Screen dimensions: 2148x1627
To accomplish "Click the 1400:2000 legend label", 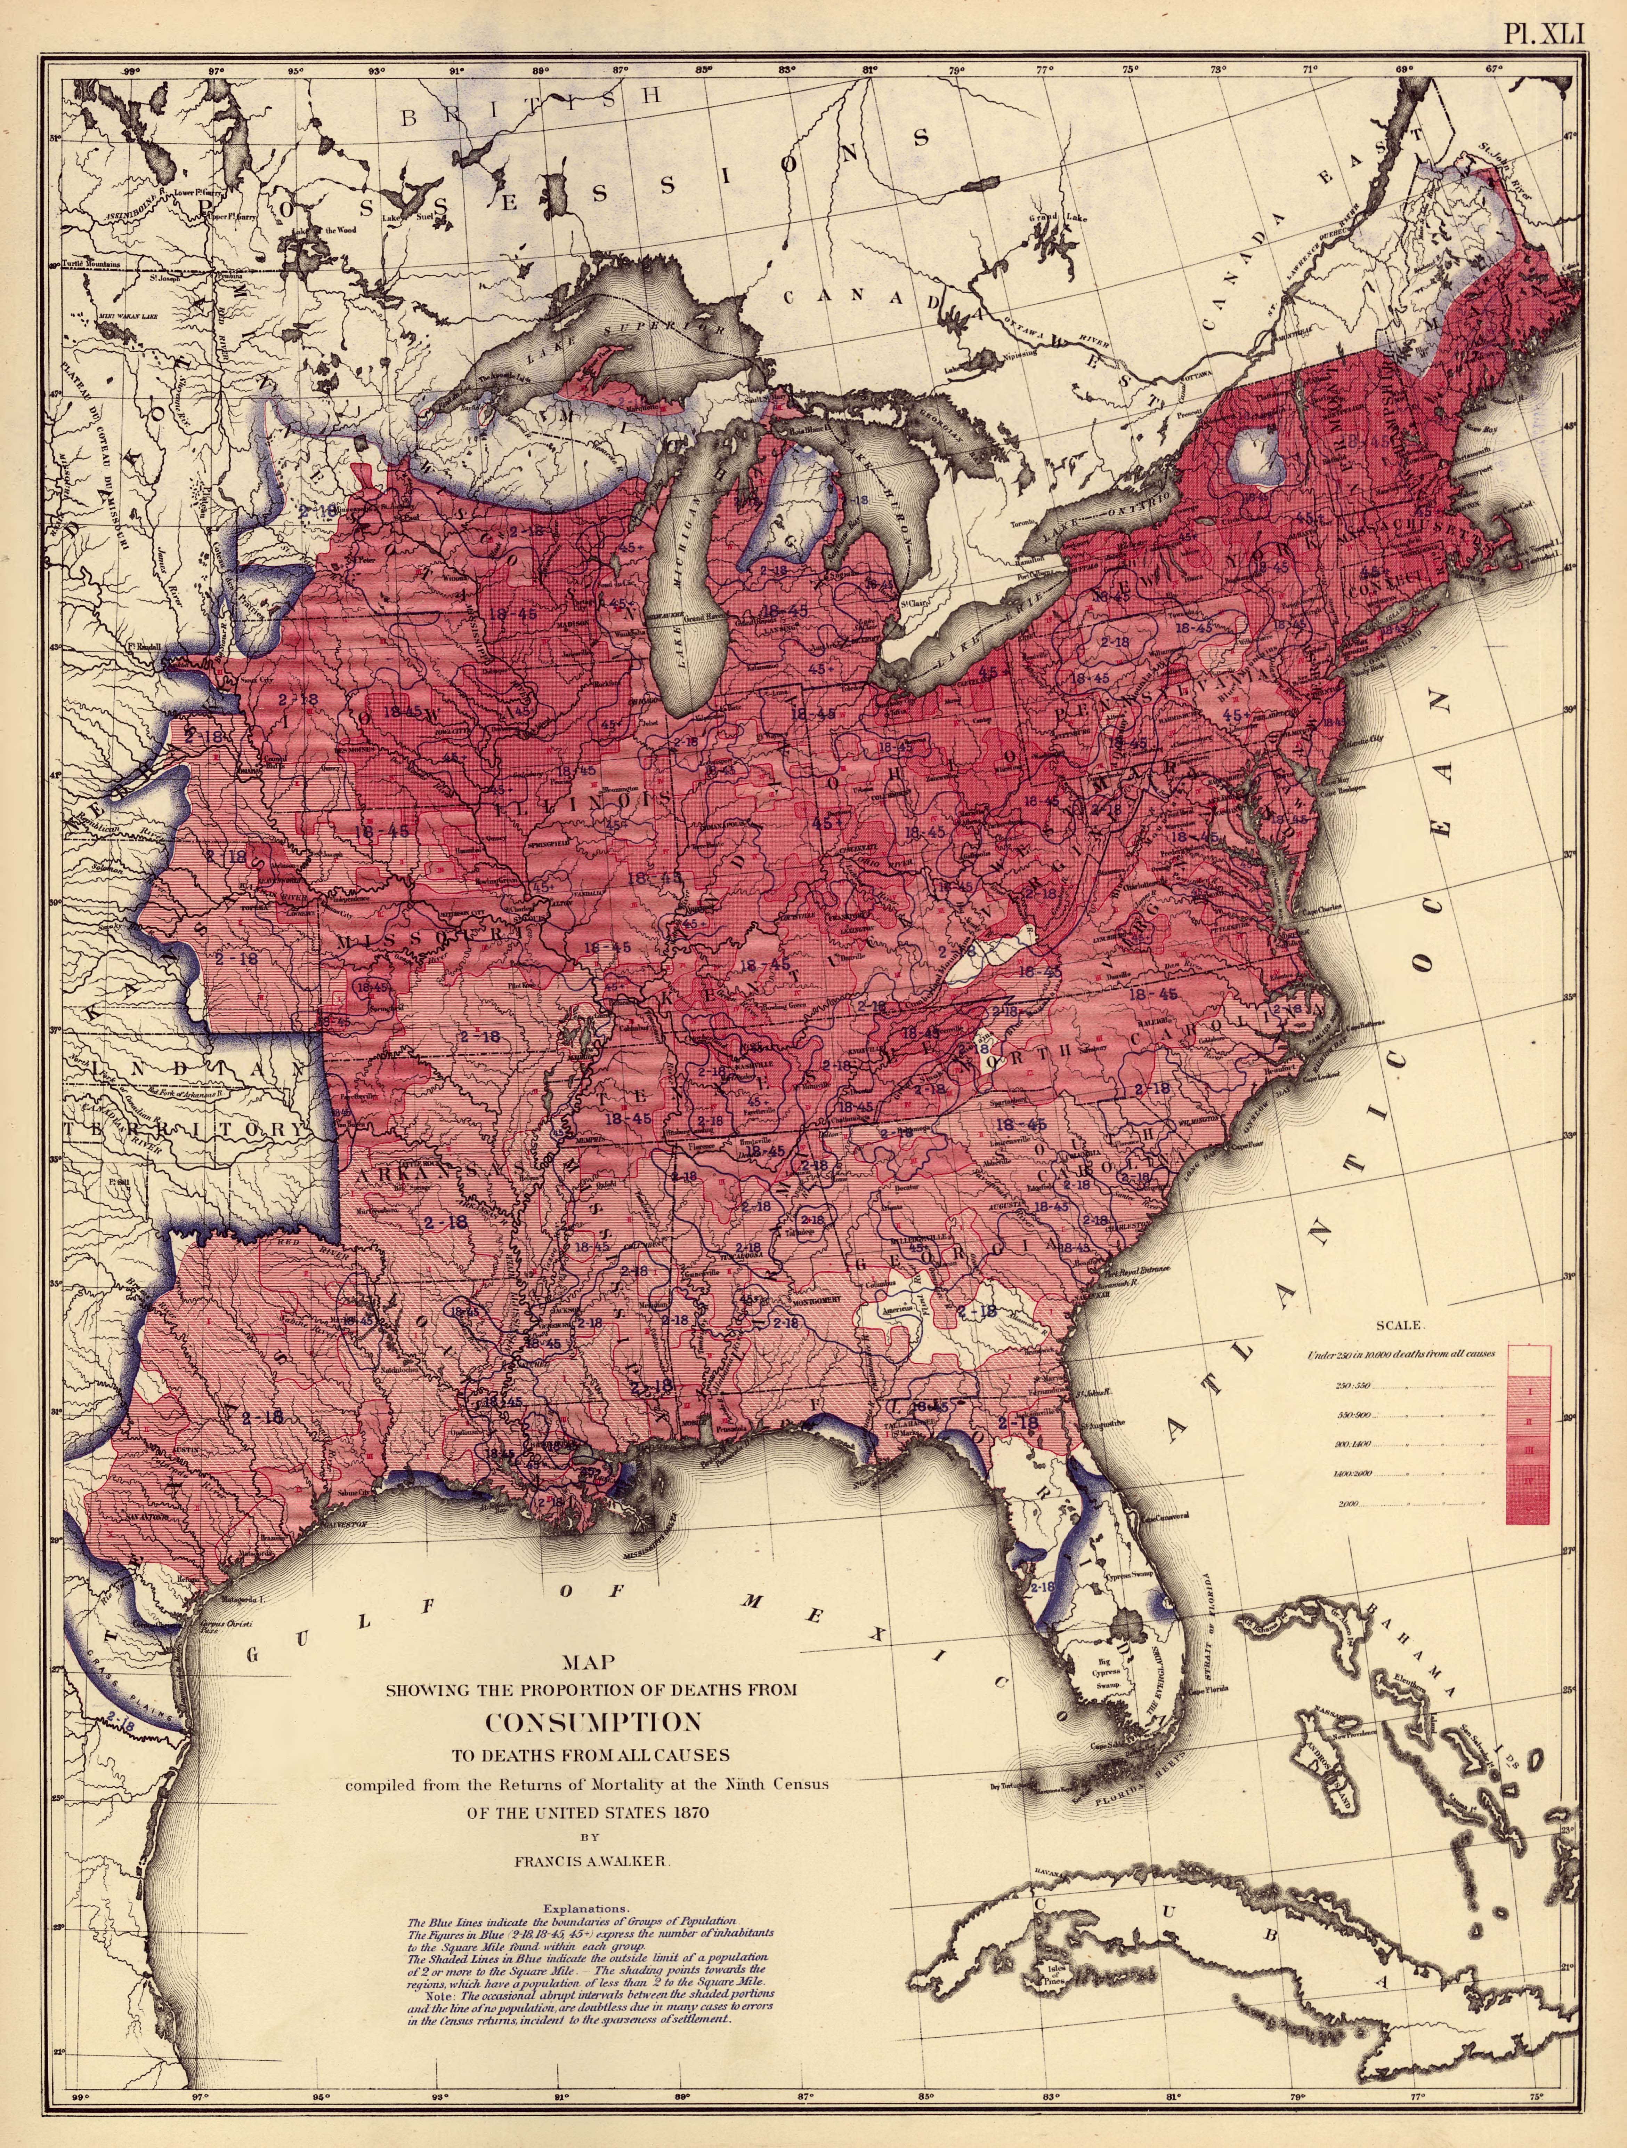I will point(1354,1474).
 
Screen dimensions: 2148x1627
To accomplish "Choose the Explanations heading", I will point(587,1908).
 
